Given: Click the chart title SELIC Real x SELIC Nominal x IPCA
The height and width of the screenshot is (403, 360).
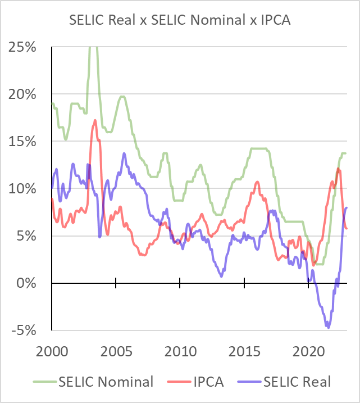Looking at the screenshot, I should (x=179, y=21).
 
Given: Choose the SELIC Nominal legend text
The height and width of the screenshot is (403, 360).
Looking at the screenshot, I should (x=106, y=382).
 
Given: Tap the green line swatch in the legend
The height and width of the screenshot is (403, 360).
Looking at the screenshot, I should (x=43, y=382).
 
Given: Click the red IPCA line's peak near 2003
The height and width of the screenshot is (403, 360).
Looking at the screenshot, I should (x=95, y=120).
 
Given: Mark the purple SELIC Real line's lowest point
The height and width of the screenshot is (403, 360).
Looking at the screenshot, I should (x=328, y=327).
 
